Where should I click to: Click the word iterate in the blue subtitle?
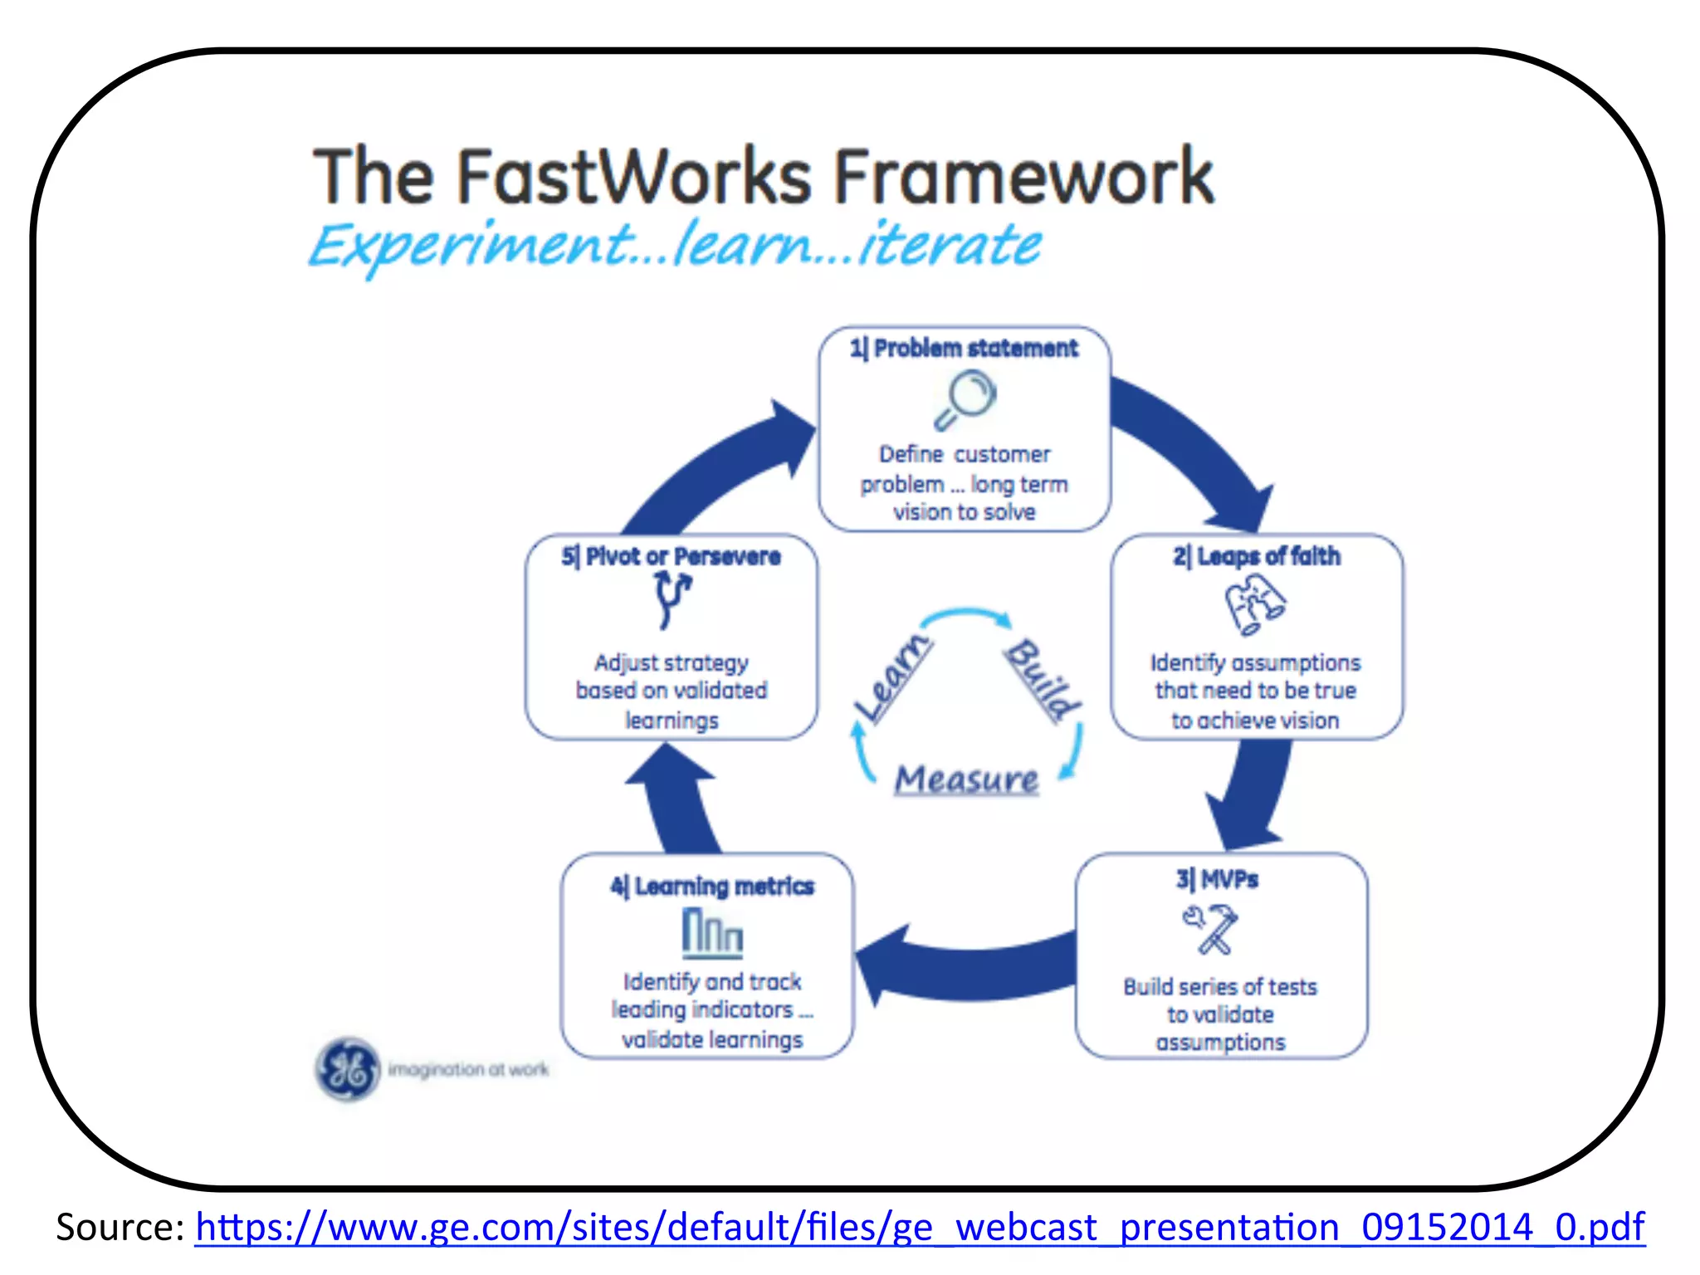tap(950, 244)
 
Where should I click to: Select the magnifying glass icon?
tap(965, 399)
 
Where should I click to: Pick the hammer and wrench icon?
tap(1211, 929)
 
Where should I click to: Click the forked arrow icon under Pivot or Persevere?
tap(672, 600)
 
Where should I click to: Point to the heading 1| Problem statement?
tap(964, 349)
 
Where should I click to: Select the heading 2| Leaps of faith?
tap(1257, 556)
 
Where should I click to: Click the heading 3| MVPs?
tap(1217, 880)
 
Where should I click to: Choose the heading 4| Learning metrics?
tap(712, 887)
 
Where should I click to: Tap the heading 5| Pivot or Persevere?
tap(671, 556)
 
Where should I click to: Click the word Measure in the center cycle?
tap(966, 780)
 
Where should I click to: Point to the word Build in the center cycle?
tap(1043, 678)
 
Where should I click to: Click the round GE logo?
tap(348, 1069)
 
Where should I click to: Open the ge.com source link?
tap(920, 1227)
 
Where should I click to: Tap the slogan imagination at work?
tap(469, 1069)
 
